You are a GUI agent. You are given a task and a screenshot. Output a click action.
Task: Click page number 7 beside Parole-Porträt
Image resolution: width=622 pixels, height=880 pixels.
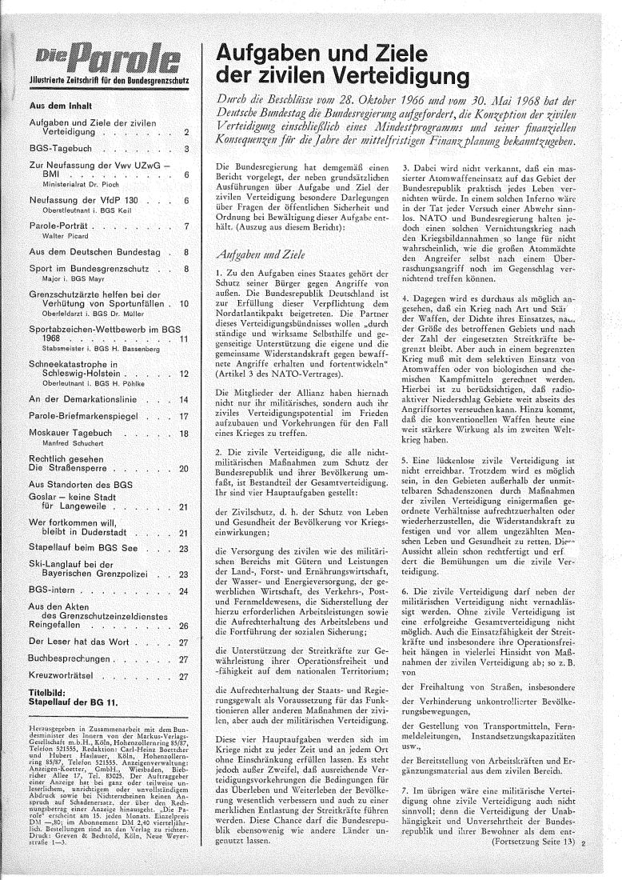point(185,226)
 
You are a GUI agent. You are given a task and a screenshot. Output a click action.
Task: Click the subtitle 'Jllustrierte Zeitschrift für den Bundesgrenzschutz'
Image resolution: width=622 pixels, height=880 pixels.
point(107,80)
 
